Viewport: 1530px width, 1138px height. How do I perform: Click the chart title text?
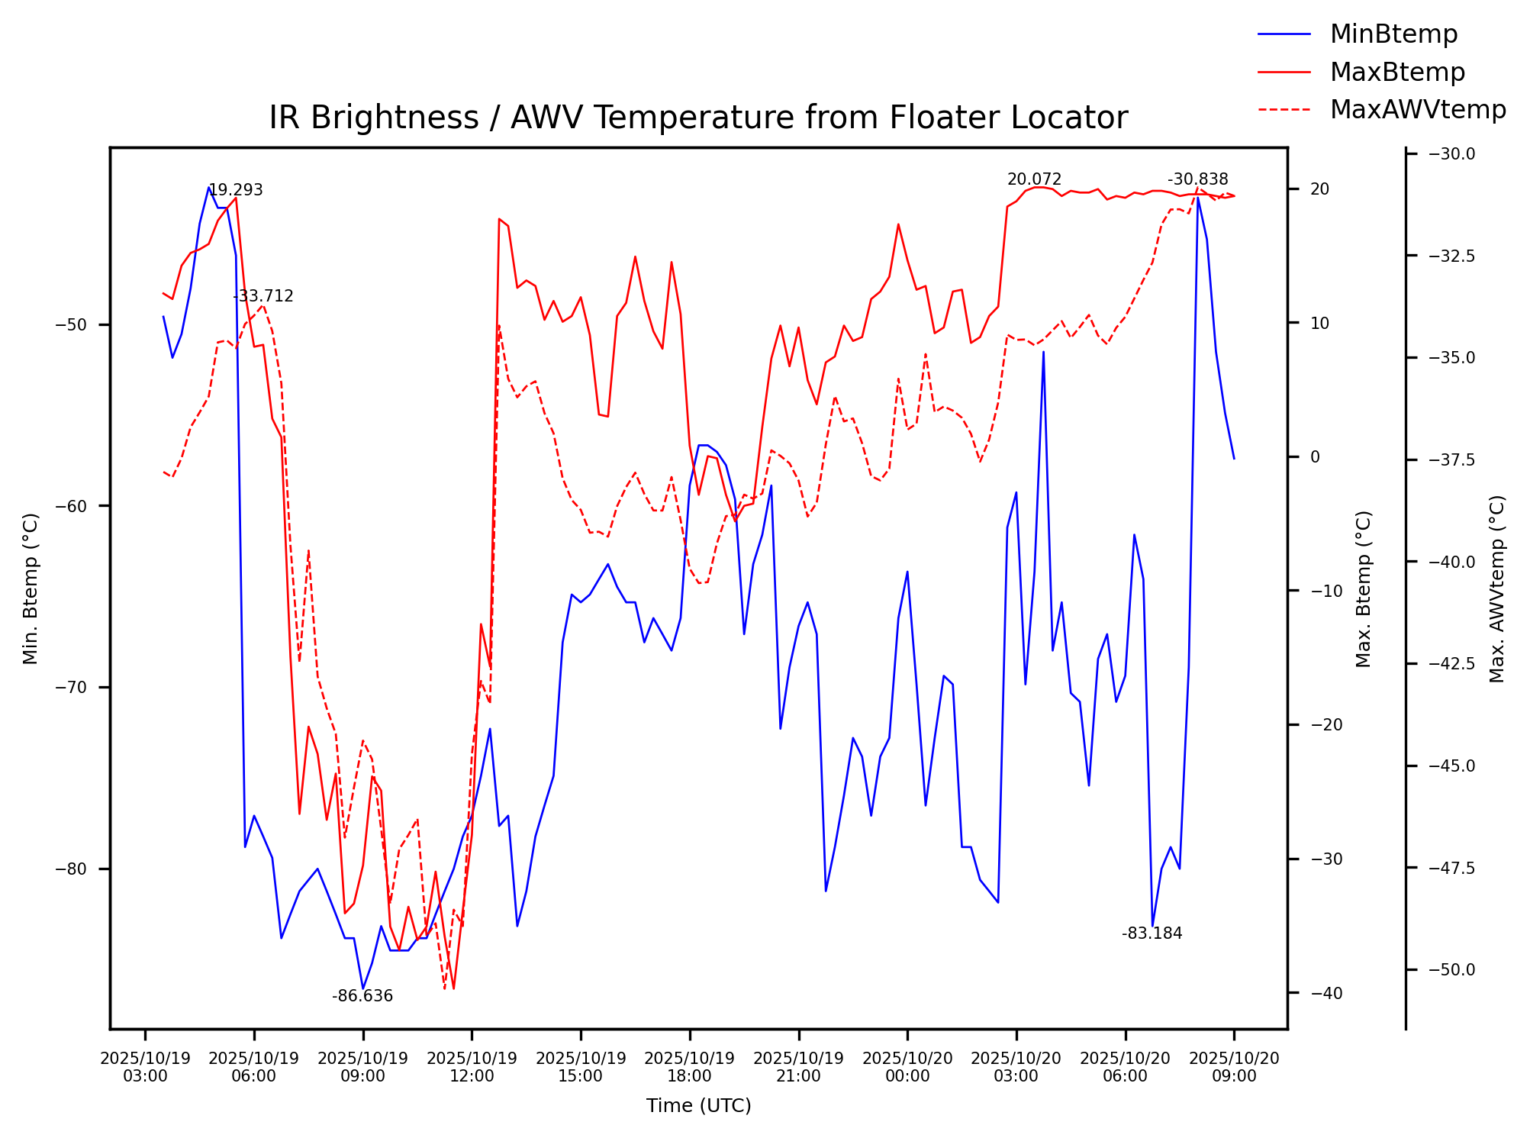pos(698,118)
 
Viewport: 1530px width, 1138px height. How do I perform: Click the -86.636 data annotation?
pos(362,996)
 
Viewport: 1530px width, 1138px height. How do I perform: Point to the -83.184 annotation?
pos(1152,933)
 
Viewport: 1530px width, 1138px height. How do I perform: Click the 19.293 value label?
pos(236,190)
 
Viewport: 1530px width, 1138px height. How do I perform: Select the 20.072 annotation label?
pos(1034,179)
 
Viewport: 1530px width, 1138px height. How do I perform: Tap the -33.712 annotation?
pos(263,296)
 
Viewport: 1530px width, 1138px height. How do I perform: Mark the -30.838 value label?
pos(1198,179)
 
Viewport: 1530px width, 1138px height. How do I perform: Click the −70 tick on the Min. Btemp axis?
pos(72,688)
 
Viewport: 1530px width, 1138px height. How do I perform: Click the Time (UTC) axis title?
pos(698,1106)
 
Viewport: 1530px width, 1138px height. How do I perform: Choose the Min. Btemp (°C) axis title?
pos(31,588)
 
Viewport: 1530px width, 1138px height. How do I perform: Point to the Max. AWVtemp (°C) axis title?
pos(1497,588)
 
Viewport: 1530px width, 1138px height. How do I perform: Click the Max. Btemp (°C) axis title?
pos(1364,588)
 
